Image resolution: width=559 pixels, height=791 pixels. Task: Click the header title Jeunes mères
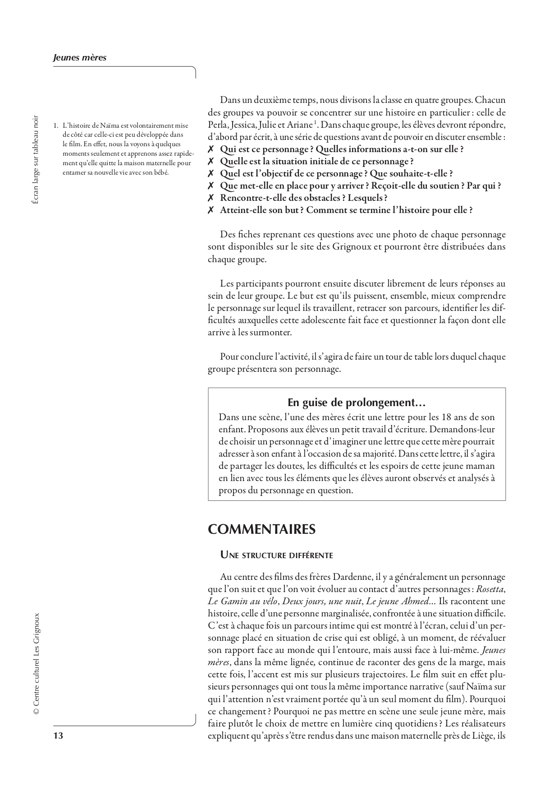[x=79, y=58]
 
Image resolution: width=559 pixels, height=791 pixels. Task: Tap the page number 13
[x=58, y=736]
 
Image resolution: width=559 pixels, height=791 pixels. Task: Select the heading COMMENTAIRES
[x=261, y=529]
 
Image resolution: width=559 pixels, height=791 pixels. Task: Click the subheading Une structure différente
[x=276, y=555]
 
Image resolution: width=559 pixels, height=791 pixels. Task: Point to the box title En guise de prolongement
[x=357, y=402]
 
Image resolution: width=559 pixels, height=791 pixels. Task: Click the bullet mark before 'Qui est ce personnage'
[x=211, y=149]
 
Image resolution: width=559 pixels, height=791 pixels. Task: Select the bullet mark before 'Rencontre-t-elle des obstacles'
[x=211, y=198]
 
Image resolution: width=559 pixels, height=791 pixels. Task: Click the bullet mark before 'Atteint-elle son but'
[x=211, y=210]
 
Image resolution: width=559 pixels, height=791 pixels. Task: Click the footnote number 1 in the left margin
[x=55, y=126]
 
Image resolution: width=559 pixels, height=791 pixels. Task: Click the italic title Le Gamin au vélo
[x=239, y=601]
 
